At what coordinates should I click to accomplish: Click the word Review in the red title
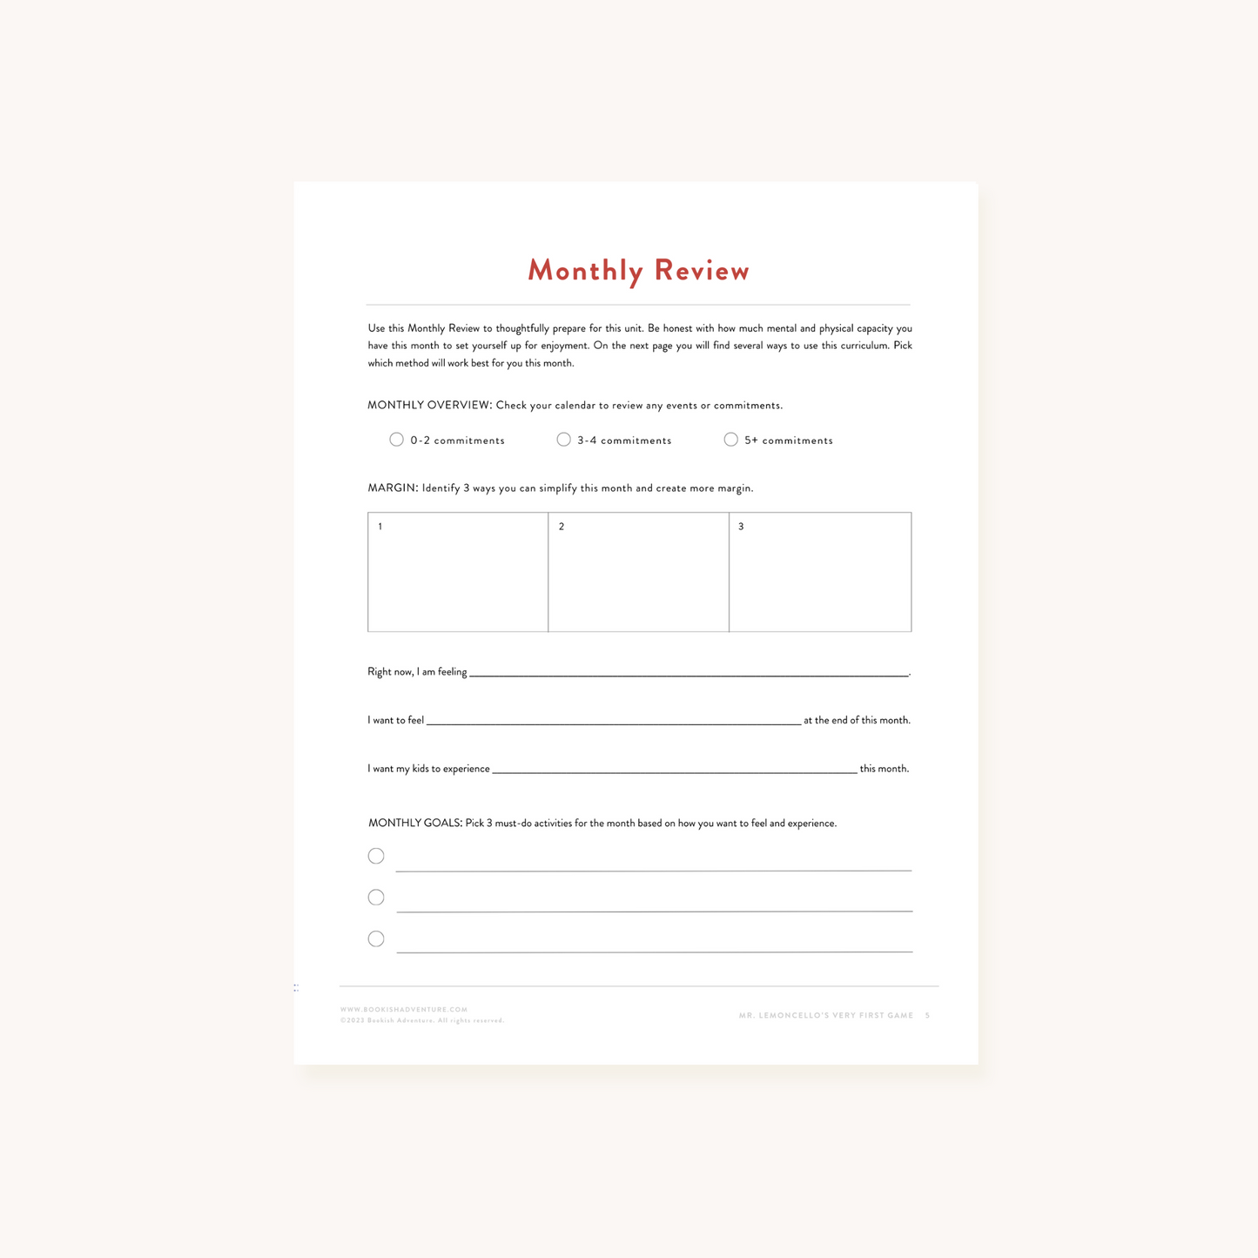[x=702, y=271]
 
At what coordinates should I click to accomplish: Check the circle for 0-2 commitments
[x=396, y=440]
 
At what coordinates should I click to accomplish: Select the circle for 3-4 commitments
[x=563, y=440]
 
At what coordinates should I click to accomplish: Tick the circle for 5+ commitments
[x=730, y=440]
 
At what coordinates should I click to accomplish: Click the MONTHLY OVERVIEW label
[x=429, y=406]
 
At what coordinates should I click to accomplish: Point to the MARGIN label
[x=393, y=488]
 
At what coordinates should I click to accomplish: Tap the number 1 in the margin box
[x=380, y=527]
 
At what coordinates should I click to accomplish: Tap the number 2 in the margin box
[x=562, y=527]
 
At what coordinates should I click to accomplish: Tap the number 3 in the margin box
[x=741, y=527]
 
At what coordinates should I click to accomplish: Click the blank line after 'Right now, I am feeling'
[x=688, y=671]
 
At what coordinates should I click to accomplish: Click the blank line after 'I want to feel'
[x=614, y=719]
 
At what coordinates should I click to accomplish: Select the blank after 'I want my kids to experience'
[x=675, y=768]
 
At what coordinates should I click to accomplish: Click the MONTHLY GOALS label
[x=414, y=824]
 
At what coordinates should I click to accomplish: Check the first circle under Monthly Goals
[x=376, y=856]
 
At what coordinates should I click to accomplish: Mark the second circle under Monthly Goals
[x=376, y=897]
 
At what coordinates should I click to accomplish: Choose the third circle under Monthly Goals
[x=376, y=938]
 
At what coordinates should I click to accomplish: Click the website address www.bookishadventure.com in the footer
[x=404, y=1010]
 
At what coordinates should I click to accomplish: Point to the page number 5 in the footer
[x=927, y=1016]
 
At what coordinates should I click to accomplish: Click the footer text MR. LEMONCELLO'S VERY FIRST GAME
[x=826, y=1016]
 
